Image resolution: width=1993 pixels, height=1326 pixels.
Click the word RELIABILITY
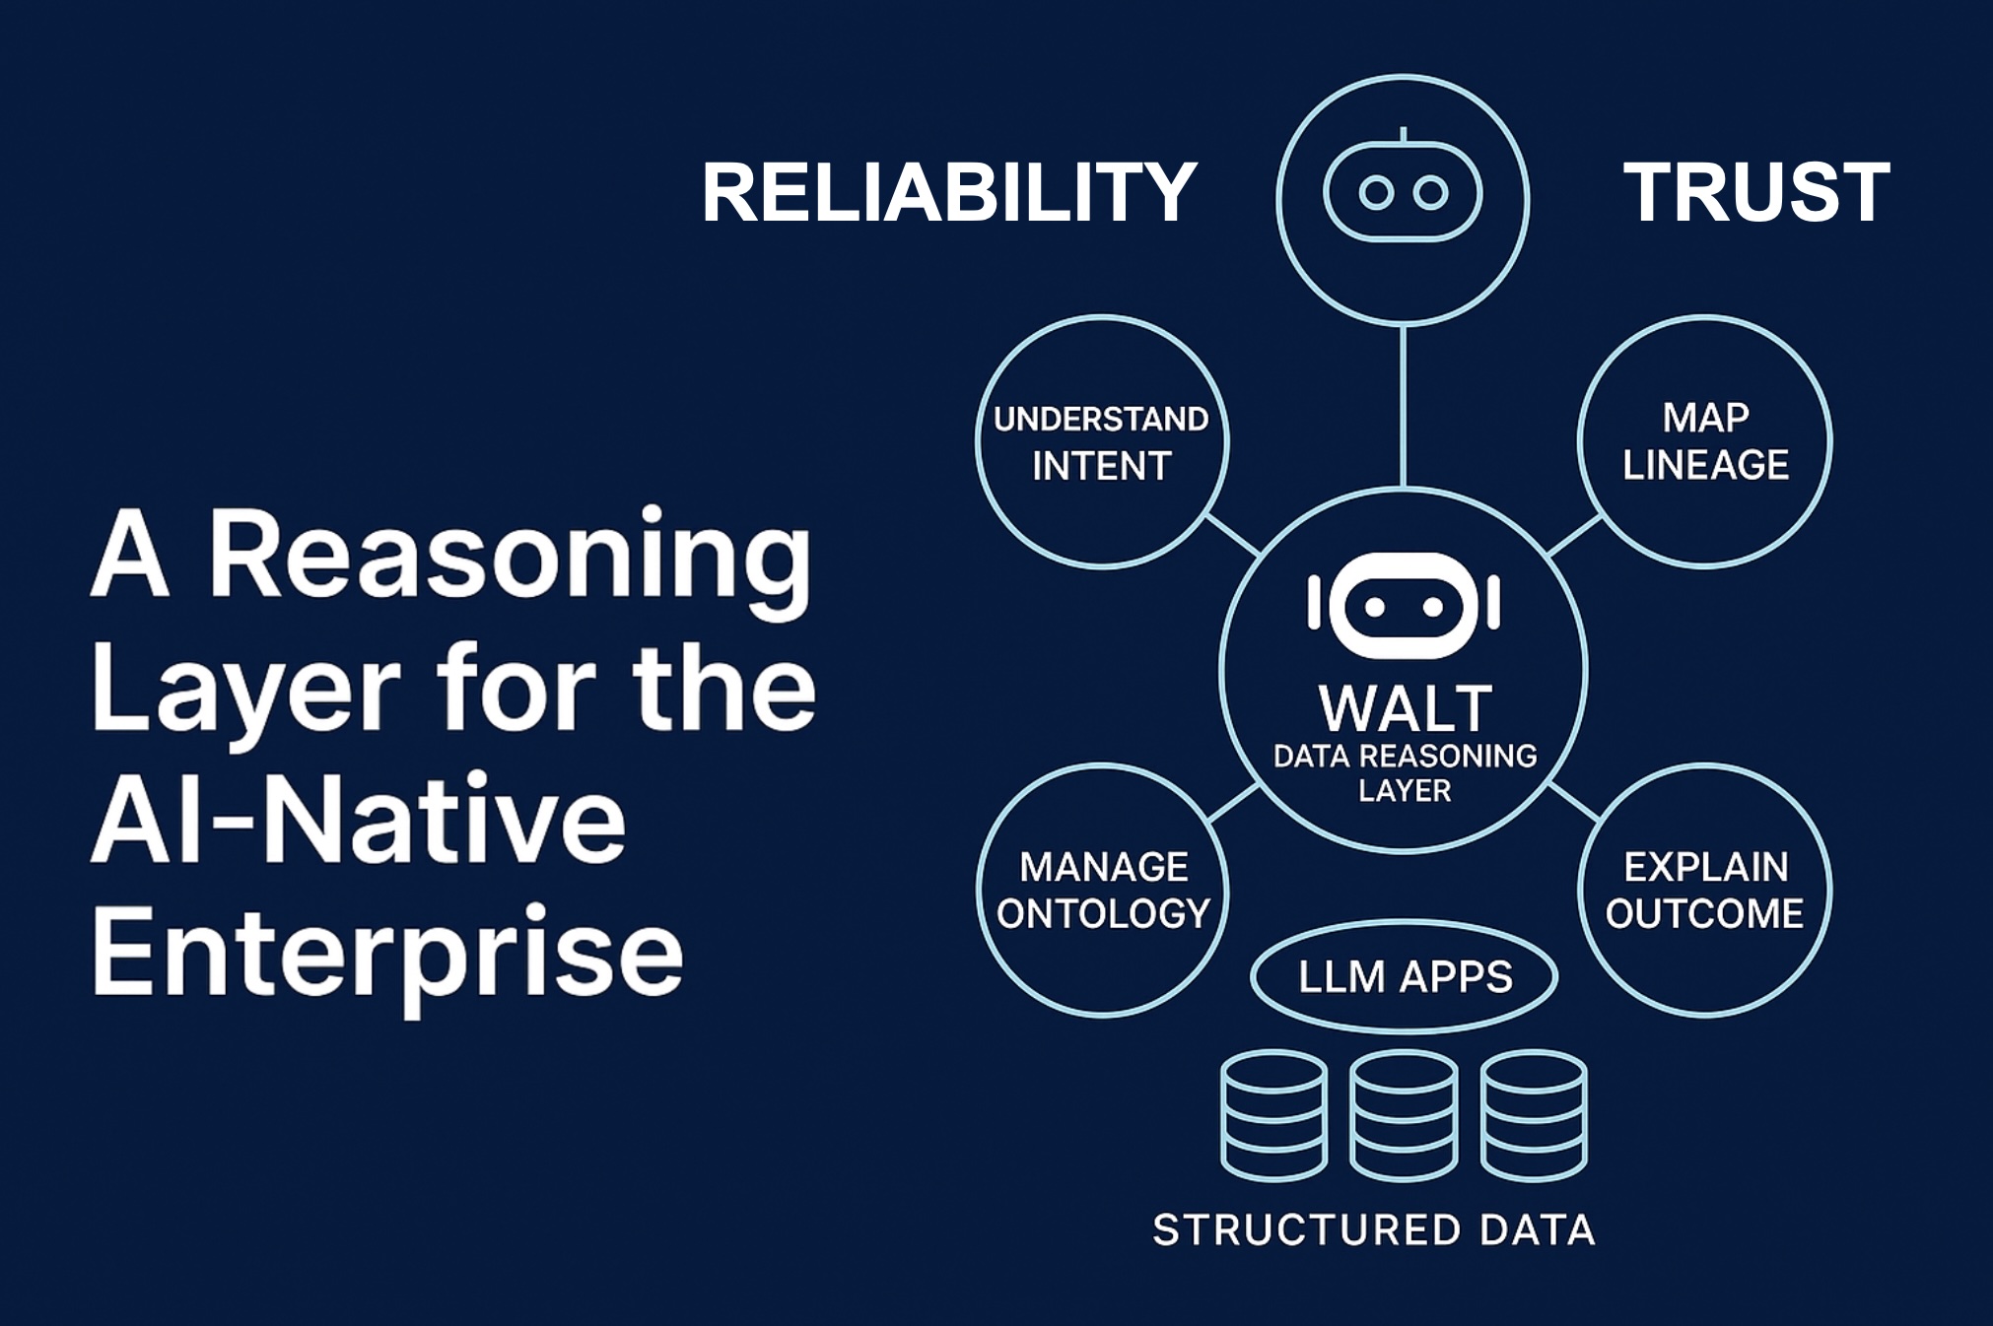tap(948, 192)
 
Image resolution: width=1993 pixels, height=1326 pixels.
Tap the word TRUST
tap(1755, 192)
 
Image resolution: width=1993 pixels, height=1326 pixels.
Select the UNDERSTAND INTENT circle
tap(1102, 441)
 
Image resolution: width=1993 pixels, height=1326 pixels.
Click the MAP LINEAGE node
tap(1704, 441)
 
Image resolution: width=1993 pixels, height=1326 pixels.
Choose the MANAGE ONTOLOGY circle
tap(1102, 890)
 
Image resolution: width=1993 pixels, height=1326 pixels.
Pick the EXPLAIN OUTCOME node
tap(1704, 890)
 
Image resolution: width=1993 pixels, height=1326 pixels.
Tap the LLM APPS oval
tap(1404, 976)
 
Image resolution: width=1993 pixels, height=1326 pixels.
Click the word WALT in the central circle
tap(1405, 708)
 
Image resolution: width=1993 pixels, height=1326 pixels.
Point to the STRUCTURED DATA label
tap(1373, 1229)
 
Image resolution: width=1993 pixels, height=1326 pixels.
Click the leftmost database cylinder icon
tap(1273, 1115)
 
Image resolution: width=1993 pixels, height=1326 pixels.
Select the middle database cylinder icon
tap(1404, 1115)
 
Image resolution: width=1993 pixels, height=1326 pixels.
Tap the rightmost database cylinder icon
tap(1534, 1115)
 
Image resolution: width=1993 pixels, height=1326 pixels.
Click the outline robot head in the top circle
tap(1403, 192)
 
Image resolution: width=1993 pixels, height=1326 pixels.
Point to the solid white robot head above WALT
tap(1404, 604)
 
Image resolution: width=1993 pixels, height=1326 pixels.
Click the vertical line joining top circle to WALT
tap(1403, 406)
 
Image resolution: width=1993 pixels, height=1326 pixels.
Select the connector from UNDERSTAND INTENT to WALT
tap(1234, 536)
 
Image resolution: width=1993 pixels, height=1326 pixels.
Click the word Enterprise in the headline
tap(386, 953)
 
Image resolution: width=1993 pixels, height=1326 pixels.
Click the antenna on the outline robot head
tap(1403, 134)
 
